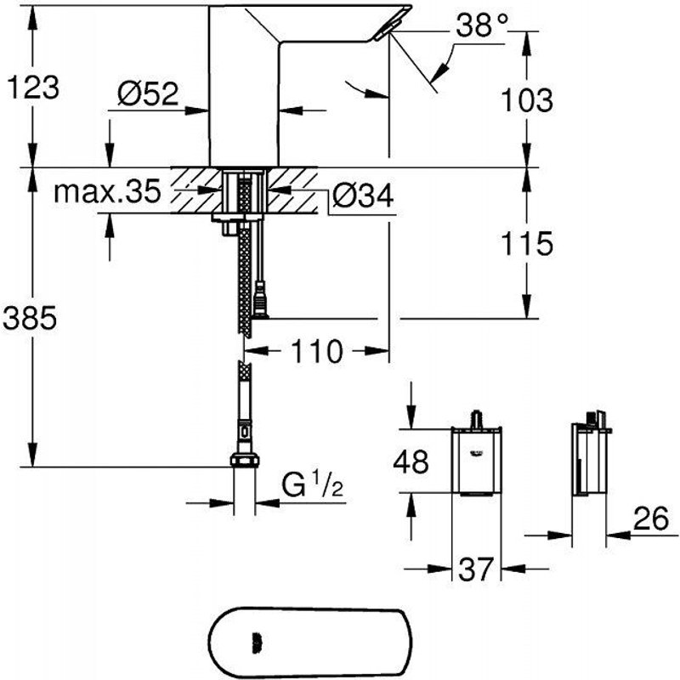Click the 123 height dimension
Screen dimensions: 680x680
(32, 86)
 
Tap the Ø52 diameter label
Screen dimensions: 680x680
(147, 95)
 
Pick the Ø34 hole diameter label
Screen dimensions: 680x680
(361, 197)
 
